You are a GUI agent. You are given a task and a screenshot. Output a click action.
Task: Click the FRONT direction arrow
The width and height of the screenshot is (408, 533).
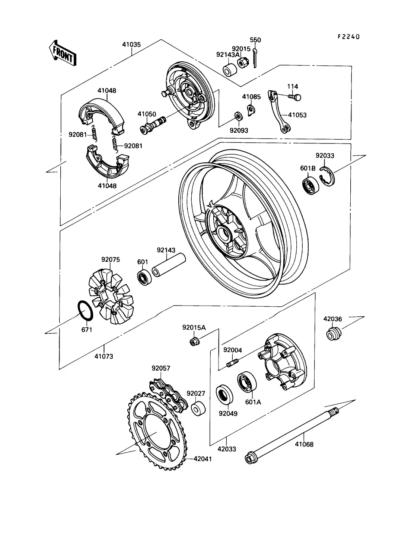pyautogui.click(x=63, y=54)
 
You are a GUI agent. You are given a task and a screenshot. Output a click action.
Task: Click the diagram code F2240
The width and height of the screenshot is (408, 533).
pyautogui.click(x=348, y=37)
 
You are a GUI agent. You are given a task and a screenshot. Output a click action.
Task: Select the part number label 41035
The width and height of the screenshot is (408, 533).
pyautogui.click(x=131, y=45)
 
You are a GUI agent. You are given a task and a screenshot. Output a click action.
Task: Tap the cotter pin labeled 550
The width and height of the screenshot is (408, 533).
pyautogui.click(x=255, y=58)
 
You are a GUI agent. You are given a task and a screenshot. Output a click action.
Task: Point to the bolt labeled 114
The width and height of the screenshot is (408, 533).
pyautogui.click(x=294, y=97)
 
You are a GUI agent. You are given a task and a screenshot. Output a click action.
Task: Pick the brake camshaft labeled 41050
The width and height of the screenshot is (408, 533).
pyautogui.click(x=153, y=125)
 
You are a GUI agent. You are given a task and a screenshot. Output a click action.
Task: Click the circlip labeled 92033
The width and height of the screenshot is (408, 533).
pyautogui.click(x=327, y=176)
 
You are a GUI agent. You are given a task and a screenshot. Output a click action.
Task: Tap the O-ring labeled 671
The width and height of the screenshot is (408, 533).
pyautogui.click(x=85, y=311)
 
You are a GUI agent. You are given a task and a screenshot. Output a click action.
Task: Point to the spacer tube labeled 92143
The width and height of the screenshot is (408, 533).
pyautogui.click(x=169, y=265)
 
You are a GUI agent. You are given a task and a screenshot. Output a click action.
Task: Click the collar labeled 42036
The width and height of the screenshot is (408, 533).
pyautogui.click(x=334, y=334)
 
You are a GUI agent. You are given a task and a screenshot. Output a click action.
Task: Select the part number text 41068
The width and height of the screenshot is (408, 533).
pyautogui.click(x=304, y=444)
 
